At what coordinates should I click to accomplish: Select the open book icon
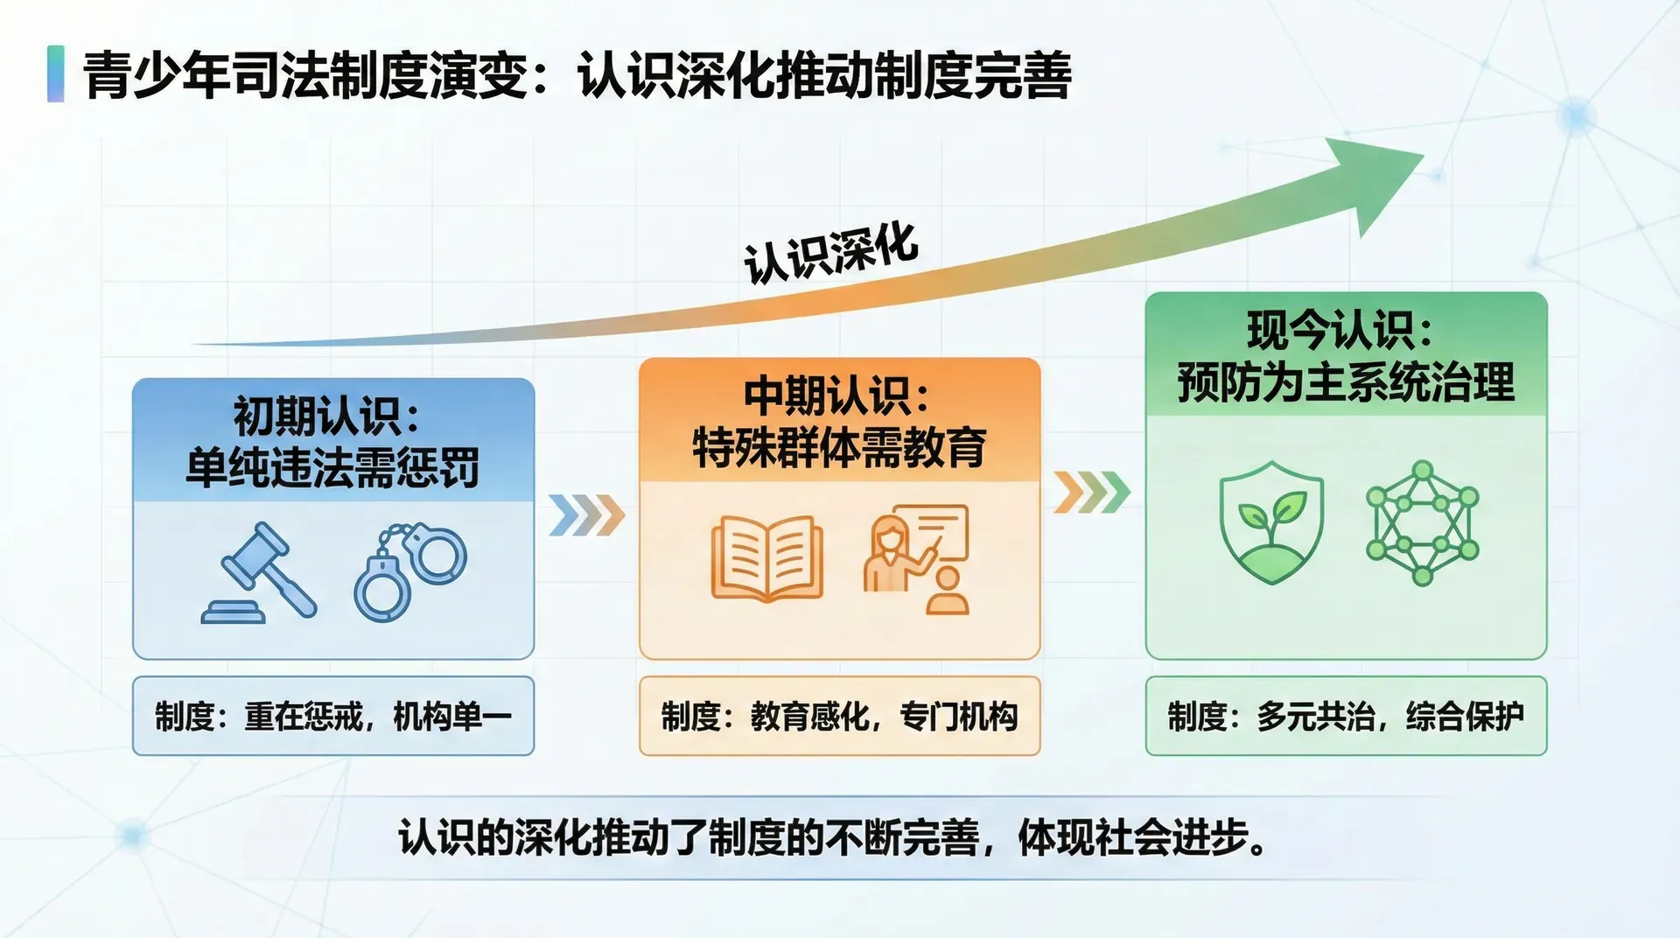pyautogui.click(x=767, y=557)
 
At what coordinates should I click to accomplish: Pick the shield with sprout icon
pyautogui.click(x=1271, y=523)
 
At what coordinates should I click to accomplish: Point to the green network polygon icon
pyautogui.click(x=1423, y=523)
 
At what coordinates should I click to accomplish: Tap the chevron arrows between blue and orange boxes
pyautogui.click(x=587, y=514)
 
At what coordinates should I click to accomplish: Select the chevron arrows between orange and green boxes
pyautogui.click(x=1092, y=492)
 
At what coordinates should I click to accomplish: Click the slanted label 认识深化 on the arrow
pyautogui.click(x=831, y=254)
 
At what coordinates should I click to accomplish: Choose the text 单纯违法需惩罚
pyautogui.click(x=332, y=467)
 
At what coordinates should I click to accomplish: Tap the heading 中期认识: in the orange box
pyautogui.click(x=836, y=395)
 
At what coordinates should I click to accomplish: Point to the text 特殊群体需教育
pyautogui.click(x=839, y=447)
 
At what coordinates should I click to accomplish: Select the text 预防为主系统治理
pyautogui.click(x=1346, y=382)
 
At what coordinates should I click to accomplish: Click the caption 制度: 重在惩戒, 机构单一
pyautogui.click(x=333, y=717)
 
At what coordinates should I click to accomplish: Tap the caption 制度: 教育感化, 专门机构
pyautogui.click(x=840, y=717)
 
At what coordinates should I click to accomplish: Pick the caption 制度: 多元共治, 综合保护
pyautogui.click(x=1346, y=717)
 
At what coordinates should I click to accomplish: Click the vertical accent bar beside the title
pyautogui.click(x=55, y=74)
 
